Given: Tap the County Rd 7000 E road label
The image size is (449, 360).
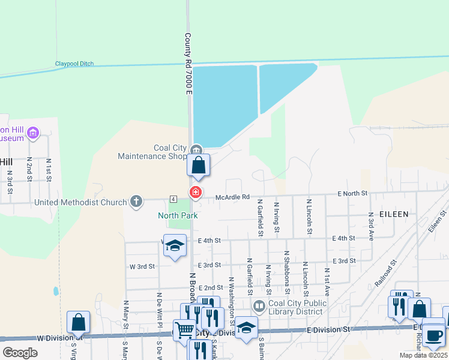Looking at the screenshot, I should (x=188, y=63).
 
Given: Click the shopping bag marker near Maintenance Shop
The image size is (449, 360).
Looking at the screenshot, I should (x=199, y=165).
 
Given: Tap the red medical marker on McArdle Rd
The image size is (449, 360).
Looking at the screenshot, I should (x=195, y=193).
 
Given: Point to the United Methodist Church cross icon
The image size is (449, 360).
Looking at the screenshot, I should (x=136, y=202).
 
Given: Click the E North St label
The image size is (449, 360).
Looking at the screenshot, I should (x=352, y=193).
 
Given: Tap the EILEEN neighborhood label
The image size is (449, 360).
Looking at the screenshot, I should (x=394, y=214).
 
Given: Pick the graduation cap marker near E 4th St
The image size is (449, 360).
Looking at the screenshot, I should (x=175, y=245).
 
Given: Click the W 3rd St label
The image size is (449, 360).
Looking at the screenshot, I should (x=142, y=266).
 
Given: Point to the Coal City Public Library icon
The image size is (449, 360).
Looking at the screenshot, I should (x=259, y=307).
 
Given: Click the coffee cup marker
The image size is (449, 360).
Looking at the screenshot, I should (x=433, y=335).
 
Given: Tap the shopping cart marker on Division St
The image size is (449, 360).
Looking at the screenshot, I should (x=184, y=329).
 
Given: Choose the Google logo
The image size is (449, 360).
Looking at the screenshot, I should (x=20, y=353).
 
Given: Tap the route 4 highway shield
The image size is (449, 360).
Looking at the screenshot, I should (x=173, y=198).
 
